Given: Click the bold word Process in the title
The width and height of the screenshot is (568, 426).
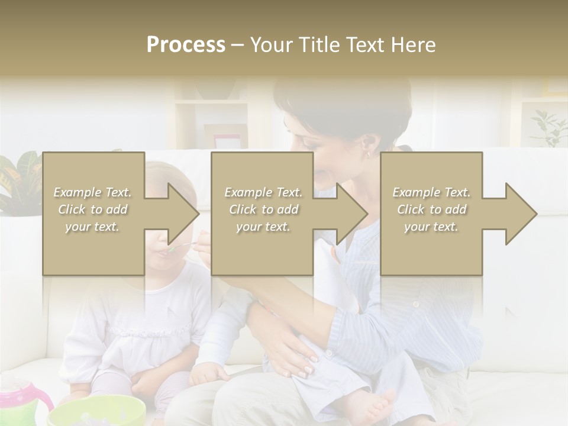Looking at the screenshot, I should point(186,45).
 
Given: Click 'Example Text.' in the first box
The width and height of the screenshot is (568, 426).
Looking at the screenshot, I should point(93,192).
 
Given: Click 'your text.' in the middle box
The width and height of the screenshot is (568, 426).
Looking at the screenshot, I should point(263,227).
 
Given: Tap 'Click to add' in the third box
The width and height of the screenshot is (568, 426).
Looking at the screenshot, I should point(431,209).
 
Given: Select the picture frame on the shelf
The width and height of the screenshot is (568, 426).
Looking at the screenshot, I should point(228,141).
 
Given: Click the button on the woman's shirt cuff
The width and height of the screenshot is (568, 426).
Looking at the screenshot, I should point(416,304).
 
